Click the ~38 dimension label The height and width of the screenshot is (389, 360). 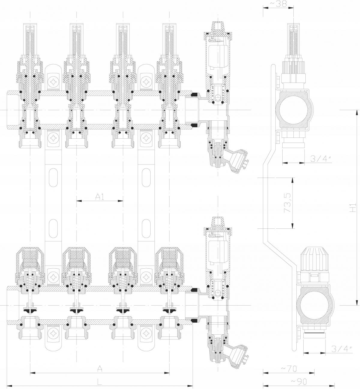[278, 4]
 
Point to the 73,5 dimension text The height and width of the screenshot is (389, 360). [287, 203]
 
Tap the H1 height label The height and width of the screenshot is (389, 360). [352, 208]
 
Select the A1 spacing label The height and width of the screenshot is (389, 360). [100, 197]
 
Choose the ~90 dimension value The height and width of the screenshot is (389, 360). [299, 381]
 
